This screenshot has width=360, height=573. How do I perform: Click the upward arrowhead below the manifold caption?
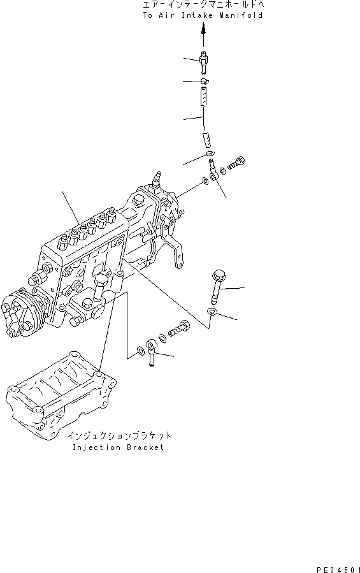(204, 29)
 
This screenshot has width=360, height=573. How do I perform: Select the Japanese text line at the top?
(203, 5)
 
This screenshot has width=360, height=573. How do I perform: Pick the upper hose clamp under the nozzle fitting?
(204, 81)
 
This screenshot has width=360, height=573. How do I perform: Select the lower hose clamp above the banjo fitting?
(210, 154)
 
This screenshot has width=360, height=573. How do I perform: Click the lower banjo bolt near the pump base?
(180, 329)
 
